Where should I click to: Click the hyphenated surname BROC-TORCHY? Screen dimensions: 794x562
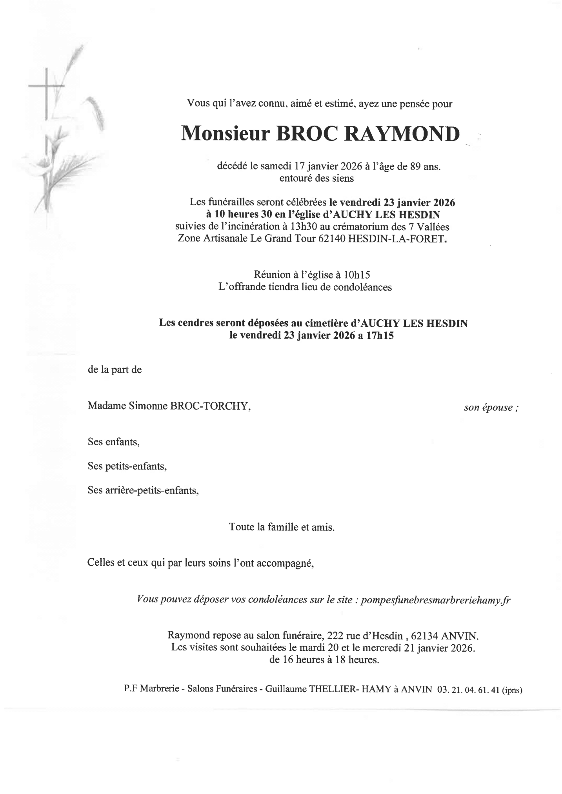point(210,406)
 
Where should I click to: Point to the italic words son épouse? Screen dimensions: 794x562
point(491,408)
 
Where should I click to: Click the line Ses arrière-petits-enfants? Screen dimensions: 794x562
point(143,490)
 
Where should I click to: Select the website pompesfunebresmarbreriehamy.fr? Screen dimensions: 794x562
point(435,600)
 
